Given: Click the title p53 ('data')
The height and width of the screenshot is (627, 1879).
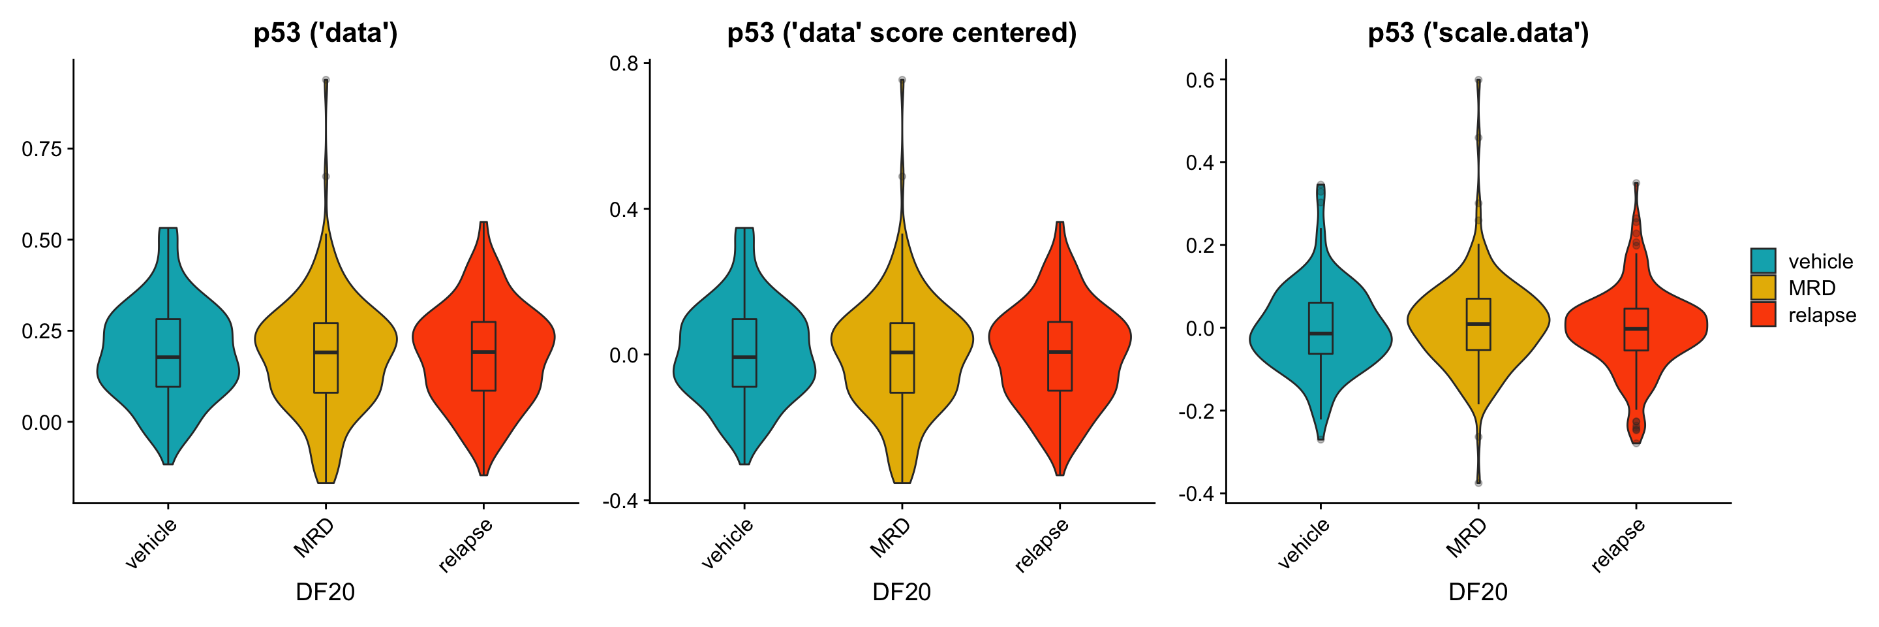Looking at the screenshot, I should tap(326, 33).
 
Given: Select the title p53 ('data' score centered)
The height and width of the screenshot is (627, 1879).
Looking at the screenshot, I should tap(902, 33).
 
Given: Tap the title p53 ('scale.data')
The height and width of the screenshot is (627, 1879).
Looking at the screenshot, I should tap(1478, 33).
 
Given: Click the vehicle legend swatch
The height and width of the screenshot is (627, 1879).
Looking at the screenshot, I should tap(1762, 261).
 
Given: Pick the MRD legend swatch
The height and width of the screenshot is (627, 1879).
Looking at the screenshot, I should tap(1762, 287).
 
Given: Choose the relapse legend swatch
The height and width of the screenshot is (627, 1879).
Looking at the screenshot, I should tap(1762, 315).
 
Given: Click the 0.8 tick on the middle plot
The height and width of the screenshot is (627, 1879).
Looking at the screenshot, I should tap(624, 64).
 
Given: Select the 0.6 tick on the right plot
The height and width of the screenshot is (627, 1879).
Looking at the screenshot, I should tap(1200, 80).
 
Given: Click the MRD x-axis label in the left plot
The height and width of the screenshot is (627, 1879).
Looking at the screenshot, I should tap(314, 538).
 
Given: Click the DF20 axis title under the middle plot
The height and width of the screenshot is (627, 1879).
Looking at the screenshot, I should tap(902, 592).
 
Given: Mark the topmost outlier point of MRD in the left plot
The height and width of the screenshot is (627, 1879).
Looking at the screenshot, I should tap(326, 80).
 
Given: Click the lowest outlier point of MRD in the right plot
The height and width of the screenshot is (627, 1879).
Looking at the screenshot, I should tap(1478, 483).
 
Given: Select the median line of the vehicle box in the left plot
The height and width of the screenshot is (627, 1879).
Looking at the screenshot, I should tap(168, 357).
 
